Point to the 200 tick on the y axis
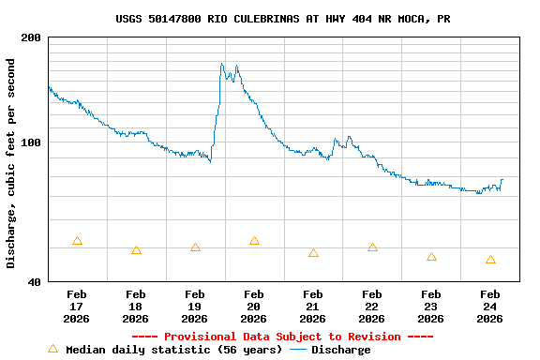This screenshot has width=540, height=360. (x=31, y=37)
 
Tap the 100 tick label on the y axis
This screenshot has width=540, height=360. (x=31, y=142)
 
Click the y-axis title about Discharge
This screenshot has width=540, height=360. (x=11, y=163)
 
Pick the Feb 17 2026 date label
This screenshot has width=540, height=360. (x=77, y=307)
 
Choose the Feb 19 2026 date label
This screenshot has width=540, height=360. (x=195, y=307)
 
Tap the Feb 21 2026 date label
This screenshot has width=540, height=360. (x=313, y=307)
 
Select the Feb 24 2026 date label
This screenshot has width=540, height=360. (x=489, y=307)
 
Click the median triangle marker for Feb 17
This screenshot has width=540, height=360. (x=77, y=241)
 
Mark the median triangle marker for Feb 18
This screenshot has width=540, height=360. (x=136, y=250)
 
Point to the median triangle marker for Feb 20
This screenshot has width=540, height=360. (x=254, y=241)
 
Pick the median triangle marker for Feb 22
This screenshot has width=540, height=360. (x=372, y=247)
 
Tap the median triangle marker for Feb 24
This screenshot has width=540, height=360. (x=490, y=260)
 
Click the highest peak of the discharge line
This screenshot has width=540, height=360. (x=221, y=64)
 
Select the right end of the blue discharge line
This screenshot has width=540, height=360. (x=502, y=179)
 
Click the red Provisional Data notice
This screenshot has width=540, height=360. (x=282, y=337)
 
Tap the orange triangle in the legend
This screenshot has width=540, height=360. (x=53, y=349)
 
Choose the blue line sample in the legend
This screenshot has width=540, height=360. (x=298, y=350)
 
